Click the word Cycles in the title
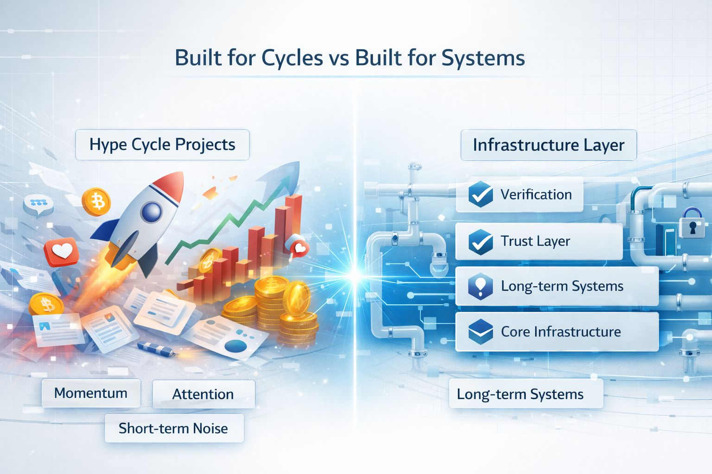pos(292,58)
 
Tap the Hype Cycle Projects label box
pos(162,144)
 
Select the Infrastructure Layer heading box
pos(548,145)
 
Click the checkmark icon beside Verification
pos(480,194)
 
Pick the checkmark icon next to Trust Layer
pos(480,242)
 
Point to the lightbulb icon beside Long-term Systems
pos(480,286)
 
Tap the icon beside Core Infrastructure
pos(480,331)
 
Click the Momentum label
pos(91,393)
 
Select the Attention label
pos(203,394)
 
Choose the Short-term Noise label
pos(173,428)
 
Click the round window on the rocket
pos(151,212)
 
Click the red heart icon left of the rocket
pos(61,251)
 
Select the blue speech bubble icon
pos(38,204)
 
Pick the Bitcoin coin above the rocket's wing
pos(96,202)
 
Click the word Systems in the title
pos(483,58)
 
